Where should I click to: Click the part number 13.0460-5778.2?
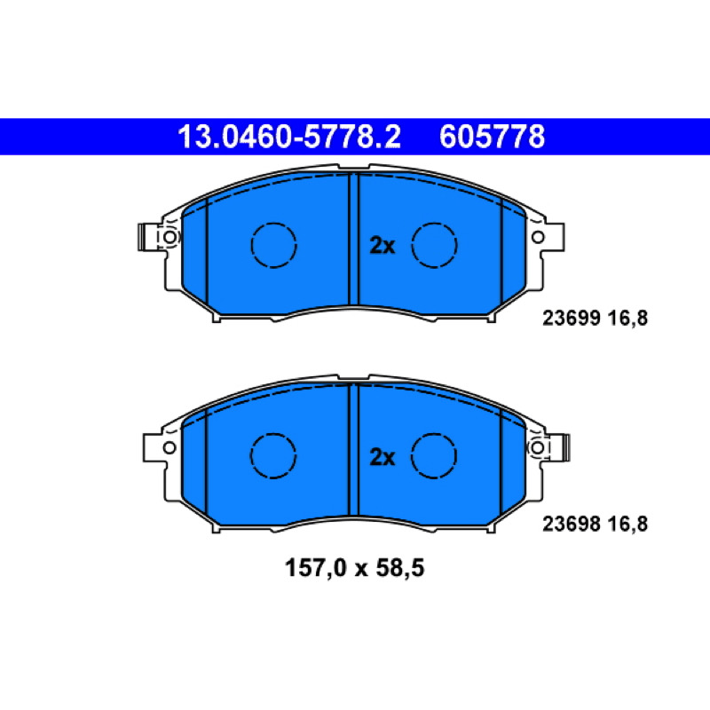(x=289, y=137)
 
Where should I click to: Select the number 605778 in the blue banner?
(x=493, y=137)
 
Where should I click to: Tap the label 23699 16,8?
(x=595, y=318)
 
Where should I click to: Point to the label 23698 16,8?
(x=595, y=524)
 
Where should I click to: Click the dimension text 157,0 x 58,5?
(x=354, y=567)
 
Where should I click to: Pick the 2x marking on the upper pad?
(x=383, y=246)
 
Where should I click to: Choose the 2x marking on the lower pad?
(x=383, y=457)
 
